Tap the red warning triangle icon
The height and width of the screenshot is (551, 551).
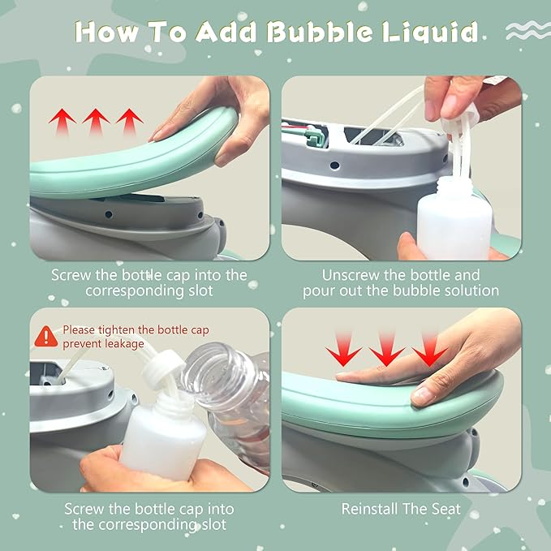[x=46, y=337]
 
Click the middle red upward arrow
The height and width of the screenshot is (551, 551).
[x=96, y=122]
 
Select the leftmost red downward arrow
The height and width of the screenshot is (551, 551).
[x=343, y=349]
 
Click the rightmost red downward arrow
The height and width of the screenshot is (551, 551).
[x=430, y=349]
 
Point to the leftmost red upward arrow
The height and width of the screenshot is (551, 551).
[x=62, y=122]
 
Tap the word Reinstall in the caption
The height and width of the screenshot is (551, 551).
[x=368, y=509]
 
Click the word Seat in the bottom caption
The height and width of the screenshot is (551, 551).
[x=446, y=509]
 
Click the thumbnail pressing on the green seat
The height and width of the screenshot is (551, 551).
[x=423, y=396]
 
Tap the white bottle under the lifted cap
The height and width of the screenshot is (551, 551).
[x=454, y=217]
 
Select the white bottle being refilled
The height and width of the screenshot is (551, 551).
[x=163, y=439]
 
